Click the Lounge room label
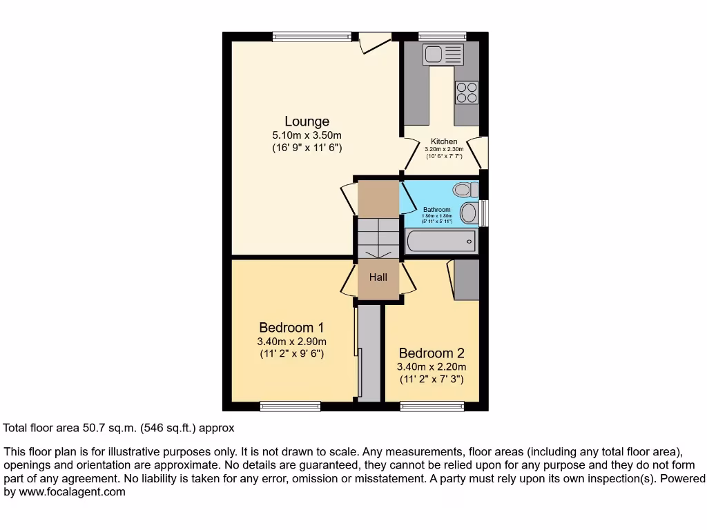click(x=307, y=122)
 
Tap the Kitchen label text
click(x=444, y=141)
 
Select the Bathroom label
click(x=436, y=210)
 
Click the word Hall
click(x=378, y=277)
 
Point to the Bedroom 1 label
click(x=291, y=328)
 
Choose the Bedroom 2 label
click(x=431, y=353)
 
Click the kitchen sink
click(x=443, y=54)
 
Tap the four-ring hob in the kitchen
click(x=467, y=92)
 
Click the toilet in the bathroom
click(x=466, y=189)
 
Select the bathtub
click(x=440, y=242)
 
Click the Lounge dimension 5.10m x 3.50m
click(x=307, y=136)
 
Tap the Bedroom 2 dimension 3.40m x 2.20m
click(x=431, y=367)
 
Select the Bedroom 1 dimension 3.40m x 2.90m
click(x=291, y=342)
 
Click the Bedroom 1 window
click(x=290, y=406)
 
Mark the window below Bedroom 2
click(x=432, y=406)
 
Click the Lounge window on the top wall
click(x=311, y=37)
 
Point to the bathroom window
click(x=485, y=213)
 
